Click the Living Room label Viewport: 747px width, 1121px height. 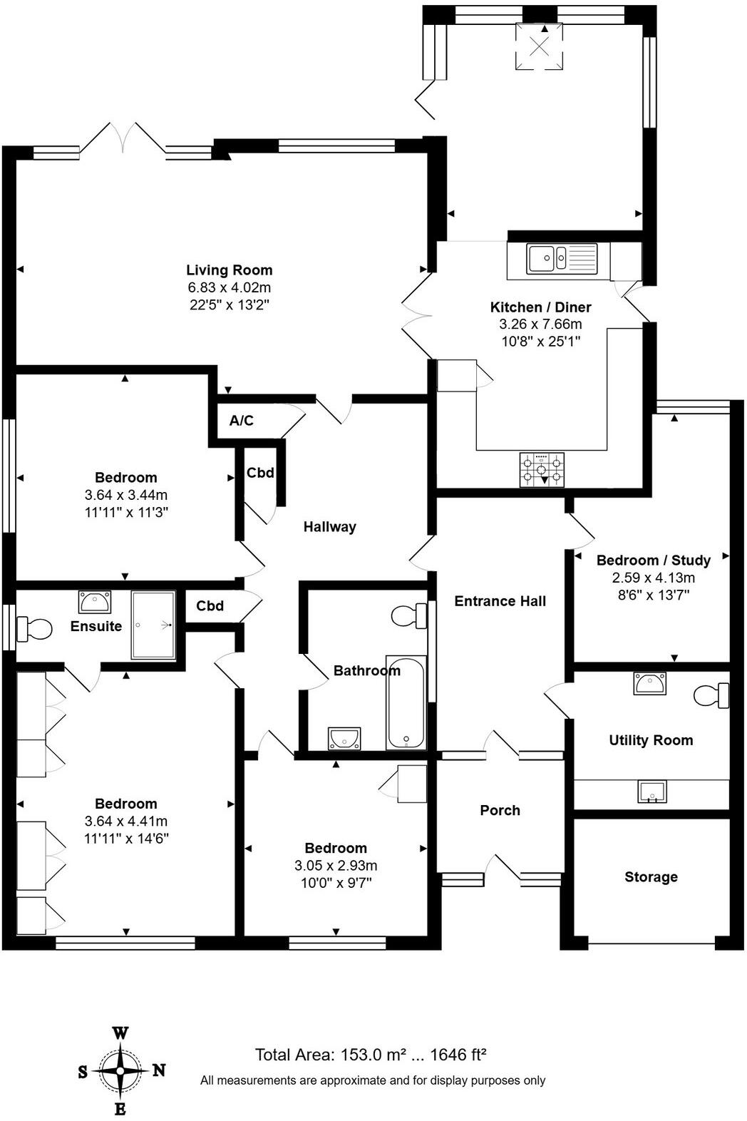[x=229, y=270]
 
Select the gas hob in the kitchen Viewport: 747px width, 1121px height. [x=542, y=469]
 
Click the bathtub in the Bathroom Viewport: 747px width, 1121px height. [x=406, y=703]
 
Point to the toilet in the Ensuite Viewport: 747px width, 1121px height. [x=34, y=629]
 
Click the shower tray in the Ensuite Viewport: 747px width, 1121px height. [x=153, y=625]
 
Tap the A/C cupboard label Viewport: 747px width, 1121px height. [x=241, y=421]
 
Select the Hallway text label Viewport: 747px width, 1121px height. [x=329, y=527]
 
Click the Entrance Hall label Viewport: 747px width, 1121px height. [x=500, y=601]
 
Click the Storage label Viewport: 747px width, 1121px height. [x=651, y=877]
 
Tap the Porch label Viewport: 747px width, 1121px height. [x=500, y=810]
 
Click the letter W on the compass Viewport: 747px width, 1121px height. [x=120, y=1033]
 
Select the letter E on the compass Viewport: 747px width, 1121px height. [x=120, y=1109]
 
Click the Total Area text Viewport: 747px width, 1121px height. [x=371, y=1055]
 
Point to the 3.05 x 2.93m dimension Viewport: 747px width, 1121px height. [x=336, y=866]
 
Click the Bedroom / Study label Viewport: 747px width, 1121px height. [x=653, y=560]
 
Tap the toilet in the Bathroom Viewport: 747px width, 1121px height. [x=409, y=616]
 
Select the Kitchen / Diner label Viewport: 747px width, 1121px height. [x=540, y=307]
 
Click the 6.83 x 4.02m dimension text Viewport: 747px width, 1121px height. [x=229, y=287]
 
